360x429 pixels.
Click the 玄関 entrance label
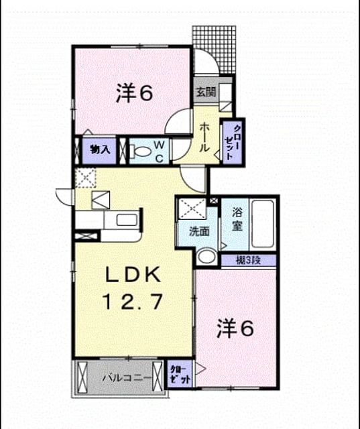tap(206, 93)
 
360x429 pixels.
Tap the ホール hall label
tap(204, 137)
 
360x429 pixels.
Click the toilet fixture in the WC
tap(140, 151)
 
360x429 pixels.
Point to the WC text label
tap(159, 151)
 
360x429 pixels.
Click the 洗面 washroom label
tap(199, 232)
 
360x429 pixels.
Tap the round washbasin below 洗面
tap(206, 257)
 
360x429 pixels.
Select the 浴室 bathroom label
tap(237, 219)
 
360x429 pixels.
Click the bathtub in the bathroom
tap(263, 223)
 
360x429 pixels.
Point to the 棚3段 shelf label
tap(249, 261)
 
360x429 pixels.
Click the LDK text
tap(133, 274)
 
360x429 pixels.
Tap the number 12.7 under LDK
tap(133, 301)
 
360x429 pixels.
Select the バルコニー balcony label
tap(127, 378)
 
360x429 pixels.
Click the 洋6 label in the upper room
tap(134, 93)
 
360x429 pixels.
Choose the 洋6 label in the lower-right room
tap(235, 328)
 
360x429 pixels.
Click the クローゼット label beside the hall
tap(233, 143)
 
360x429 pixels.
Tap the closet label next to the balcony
tap(180, 374)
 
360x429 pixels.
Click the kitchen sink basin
tap(127, 220)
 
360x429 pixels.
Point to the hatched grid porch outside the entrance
tap(215, 50)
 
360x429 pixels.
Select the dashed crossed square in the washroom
tap(192, 208)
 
